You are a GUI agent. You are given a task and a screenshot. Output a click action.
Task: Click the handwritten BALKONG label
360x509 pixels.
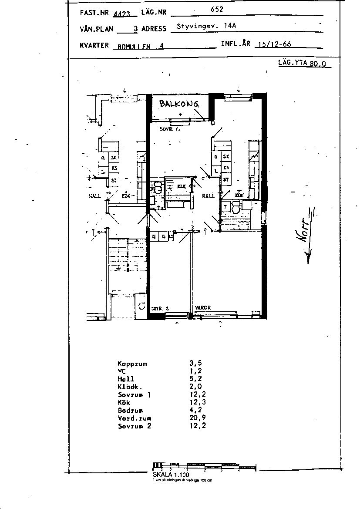pyautogui.click(x=179, y=104)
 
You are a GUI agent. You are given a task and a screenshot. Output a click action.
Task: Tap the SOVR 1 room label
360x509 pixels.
pyautogui.click(x=169, y=129)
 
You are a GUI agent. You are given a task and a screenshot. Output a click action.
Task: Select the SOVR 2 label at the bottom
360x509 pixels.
pyautogui.click(x=160, y=308)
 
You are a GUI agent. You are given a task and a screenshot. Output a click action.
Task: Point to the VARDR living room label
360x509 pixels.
pyautogui.click(x=203, y=308)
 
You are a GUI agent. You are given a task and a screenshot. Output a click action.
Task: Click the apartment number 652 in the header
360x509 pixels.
pyautogui.click(x=217, y=9)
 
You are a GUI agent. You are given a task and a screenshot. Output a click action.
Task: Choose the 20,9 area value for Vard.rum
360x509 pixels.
pyautogui.click(x=195, y=418)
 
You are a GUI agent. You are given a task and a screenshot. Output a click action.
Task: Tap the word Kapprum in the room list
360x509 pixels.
pyautogui.click(x=132, y=363)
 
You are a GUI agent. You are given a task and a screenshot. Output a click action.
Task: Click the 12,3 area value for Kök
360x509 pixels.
pyautogui.click(x=195, y=402)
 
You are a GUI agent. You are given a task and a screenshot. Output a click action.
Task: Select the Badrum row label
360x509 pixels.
pyautogui.click(x=130, y=410)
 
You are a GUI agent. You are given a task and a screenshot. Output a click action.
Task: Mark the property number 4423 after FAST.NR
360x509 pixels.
pyautogui.click(x=121, y=13)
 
